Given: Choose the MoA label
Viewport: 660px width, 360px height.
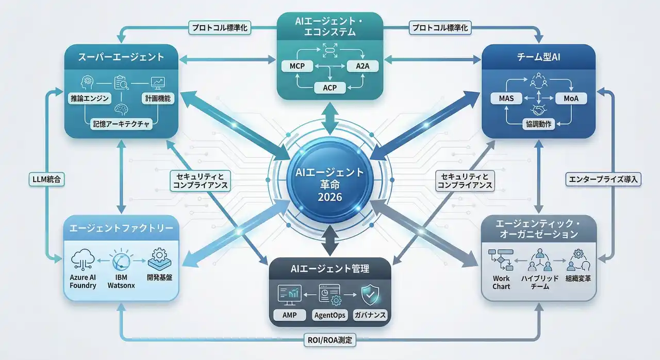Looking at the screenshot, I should point(571,98).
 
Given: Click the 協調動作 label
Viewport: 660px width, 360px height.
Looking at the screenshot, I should point(538,124).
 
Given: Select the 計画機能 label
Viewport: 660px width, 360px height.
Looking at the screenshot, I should point(155,97).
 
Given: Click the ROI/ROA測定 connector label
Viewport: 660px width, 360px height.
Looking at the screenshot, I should point(330,340).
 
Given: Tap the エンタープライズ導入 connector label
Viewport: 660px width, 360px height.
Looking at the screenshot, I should point(602,179).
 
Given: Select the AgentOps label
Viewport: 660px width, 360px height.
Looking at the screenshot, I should point(330,315).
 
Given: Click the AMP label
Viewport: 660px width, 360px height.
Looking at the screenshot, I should point(290,315).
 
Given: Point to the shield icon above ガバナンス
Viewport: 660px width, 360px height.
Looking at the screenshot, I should point(371,294).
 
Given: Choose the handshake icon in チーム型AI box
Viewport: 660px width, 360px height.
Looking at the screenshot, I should point(538,109).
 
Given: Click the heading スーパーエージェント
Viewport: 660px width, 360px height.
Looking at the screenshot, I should point(121,57).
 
